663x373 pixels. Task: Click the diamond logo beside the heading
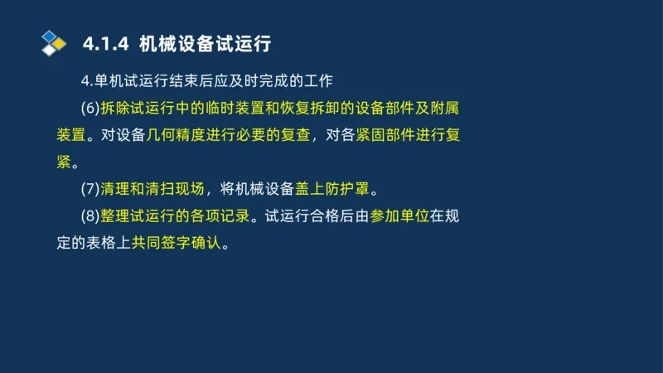tap(54, 42)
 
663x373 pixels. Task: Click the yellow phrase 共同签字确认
tap(177, 243)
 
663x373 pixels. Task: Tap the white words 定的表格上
tap(94, 243)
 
